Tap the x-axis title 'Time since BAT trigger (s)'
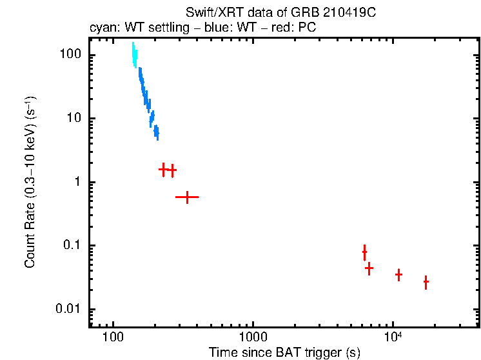pyautogui.click(x=284, y=352)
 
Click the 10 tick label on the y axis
pyautogui.click(x=75, y=119)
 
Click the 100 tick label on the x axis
pyautogui.click(x=113, y=337)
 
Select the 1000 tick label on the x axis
pyautogui.click(x=253, y=337)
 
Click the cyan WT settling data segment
pyautogui.click(x=134, y=55)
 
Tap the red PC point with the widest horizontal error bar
pyautogui.click(x=187, y=197)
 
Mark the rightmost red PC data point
pyautogui.click(x=426, y=282)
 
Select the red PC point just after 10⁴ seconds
pyautogui.click(x=399, y=275)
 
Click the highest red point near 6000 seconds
pyautogui.click(x=364, y=252)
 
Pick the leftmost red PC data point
pyautogui.click(x=164, y=169)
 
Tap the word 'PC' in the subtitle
pyautogui.click(x=306, y=28)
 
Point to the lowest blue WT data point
pyautogui.click(x=156, y=134)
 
